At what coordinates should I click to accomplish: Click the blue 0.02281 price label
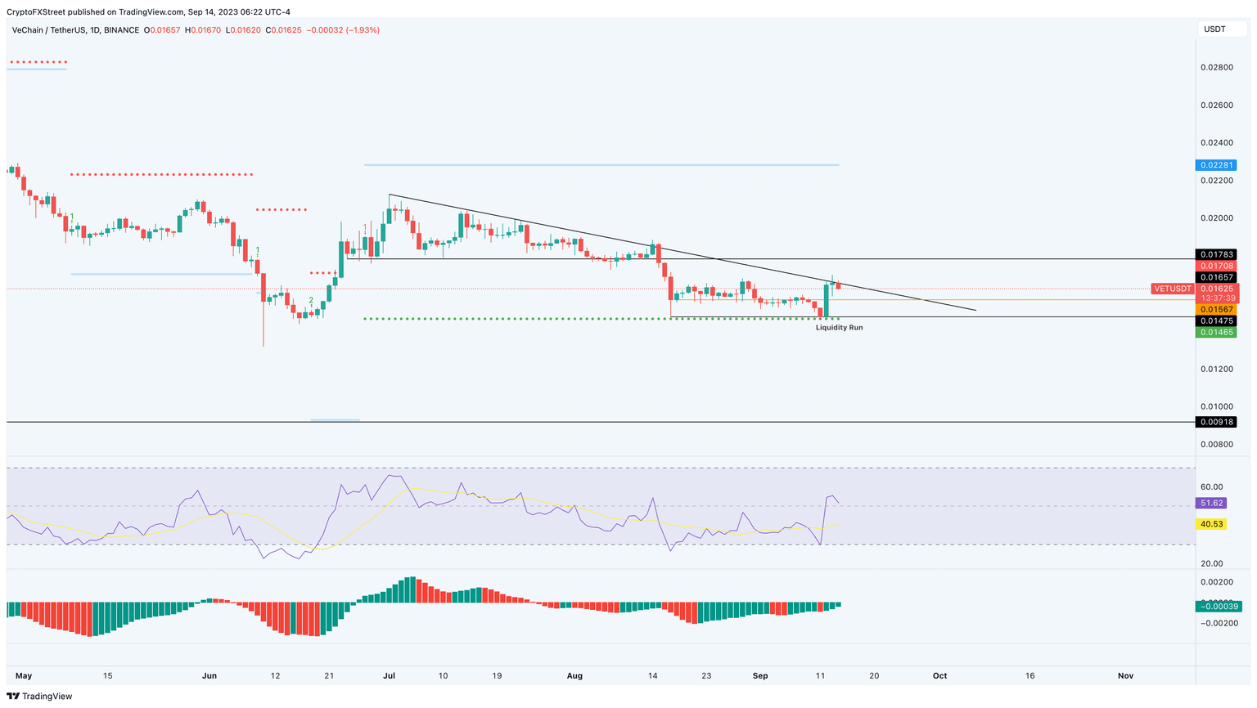[1215, 165]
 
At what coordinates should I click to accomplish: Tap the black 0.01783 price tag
[1215, 255]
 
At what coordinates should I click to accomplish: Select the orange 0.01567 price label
[1215, 310]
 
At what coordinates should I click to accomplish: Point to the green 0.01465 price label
[1215, 333]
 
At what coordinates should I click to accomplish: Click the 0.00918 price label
[1215, 423]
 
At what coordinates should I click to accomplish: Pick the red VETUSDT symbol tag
[1172, 289]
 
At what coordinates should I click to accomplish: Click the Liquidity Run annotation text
[839, 328]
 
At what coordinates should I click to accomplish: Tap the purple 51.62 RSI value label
[1210, 504]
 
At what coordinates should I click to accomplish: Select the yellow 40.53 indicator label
[1210, 524]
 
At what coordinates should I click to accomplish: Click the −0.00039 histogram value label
[1219, 607]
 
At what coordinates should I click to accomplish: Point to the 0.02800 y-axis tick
[1215, 67]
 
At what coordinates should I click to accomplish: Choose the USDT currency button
[1214, 29]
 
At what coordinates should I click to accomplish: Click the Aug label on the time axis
[574, 676]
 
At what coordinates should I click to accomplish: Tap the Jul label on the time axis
[389, 676]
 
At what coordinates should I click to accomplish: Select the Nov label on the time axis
[1125, 676]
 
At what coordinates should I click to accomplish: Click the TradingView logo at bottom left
[39, 697]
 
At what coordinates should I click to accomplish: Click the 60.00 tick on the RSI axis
[1211, 487]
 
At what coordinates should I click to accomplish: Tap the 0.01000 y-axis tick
[1215, 407]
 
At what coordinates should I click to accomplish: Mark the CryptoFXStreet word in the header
[35, 12]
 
